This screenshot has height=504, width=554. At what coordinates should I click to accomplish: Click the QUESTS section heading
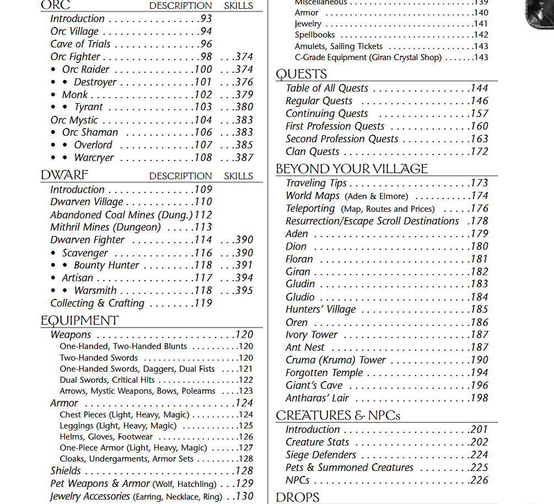302,74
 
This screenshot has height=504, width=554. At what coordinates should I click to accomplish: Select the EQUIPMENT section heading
79,320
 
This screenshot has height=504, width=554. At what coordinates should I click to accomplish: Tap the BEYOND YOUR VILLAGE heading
352,169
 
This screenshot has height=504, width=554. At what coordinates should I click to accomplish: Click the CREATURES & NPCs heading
338,415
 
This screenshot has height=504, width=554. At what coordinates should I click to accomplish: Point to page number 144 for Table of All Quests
479,88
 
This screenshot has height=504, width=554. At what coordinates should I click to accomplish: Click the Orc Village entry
74,31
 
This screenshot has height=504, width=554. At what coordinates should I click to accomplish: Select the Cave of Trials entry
80,44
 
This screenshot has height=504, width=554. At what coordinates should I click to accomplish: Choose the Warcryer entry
94,158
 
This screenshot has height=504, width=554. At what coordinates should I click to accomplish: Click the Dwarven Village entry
87,202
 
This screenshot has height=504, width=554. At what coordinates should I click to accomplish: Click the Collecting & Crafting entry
97,303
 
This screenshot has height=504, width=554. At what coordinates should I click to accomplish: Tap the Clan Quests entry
312,152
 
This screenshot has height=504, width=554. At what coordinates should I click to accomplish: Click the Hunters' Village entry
320,309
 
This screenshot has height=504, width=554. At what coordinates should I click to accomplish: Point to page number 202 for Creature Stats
479,442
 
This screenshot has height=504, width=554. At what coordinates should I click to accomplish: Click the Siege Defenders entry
321,455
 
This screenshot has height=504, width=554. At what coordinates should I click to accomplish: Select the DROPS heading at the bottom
298,497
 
